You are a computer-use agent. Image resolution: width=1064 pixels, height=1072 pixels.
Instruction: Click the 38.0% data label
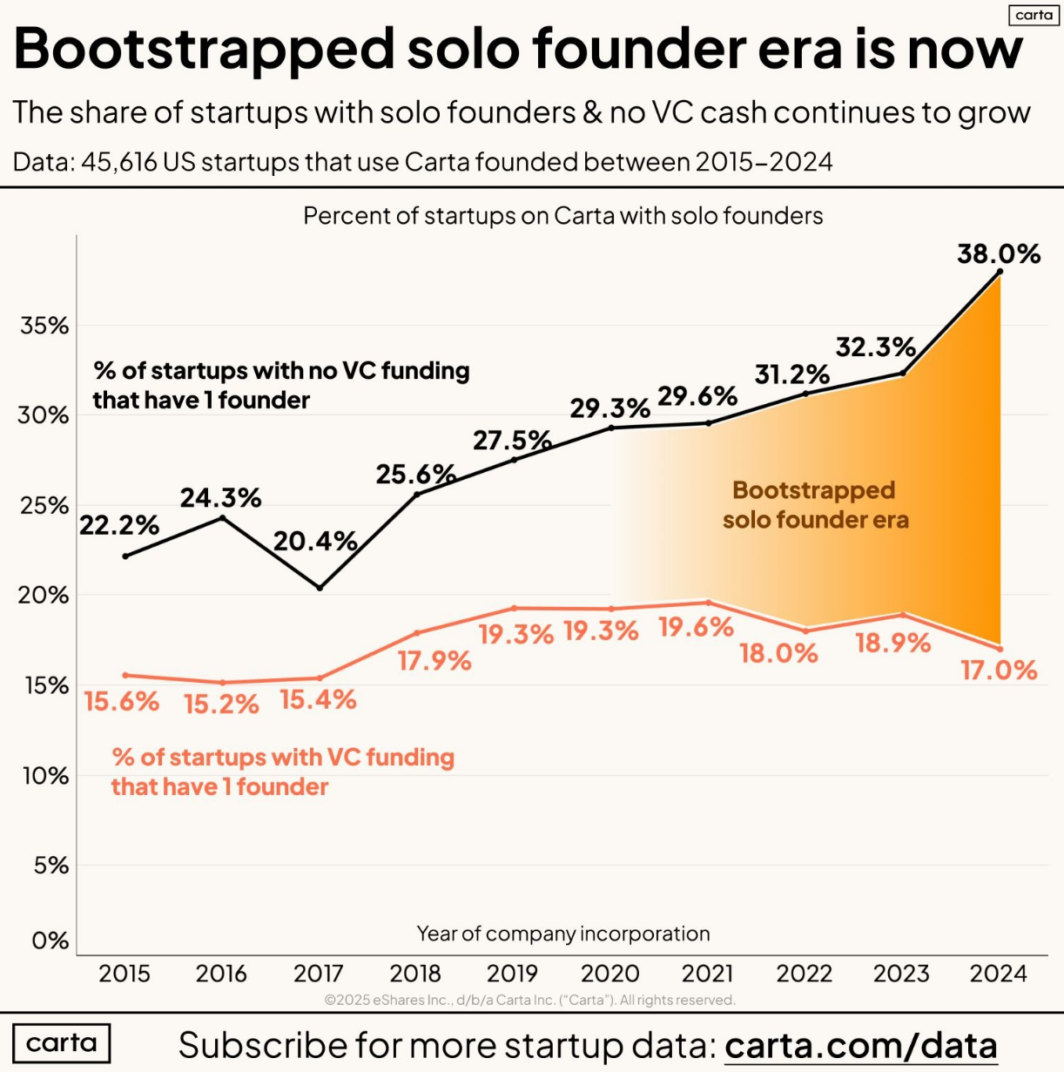[998, 253]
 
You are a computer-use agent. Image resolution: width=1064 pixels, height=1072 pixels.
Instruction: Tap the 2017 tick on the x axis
[318, 973]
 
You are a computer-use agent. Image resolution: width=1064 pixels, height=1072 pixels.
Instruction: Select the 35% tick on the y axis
[44, 326]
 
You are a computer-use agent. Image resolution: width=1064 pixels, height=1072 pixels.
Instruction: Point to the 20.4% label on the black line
[315, 542]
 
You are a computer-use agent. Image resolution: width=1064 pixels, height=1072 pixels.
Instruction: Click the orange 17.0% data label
[999, 671]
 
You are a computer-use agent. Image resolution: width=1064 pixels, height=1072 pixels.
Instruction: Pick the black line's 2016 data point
[222, 518]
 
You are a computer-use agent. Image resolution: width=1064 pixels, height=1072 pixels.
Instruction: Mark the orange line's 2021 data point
[708, 603]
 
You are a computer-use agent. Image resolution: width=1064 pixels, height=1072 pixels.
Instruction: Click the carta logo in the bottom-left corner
[62, 1043]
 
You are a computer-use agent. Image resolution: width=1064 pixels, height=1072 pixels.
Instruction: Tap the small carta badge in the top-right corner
[1034, 15]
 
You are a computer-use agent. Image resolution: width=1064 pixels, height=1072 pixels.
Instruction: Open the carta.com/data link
[860, 1045]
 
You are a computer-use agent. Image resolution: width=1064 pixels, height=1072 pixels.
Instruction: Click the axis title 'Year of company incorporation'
[562, 934]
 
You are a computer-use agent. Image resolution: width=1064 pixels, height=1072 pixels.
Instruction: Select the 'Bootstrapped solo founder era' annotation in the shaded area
[815, 505]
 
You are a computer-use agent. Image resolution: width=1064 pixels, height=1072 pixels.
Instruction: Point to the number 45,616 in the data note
[118, 162]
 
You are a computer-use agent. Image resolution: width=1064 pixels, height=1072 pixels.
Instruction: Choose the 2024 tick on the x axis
[998, 973]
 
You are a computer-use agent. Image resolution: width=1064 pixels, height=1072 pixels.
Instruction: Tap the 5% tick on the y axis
[50, 866]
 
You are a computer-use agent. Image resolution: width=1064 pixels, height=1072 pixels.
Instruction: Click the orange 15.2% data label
[221, 704]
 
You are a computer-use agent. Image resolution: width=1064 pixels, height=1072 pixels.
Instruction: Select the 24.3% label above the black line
[221, 498]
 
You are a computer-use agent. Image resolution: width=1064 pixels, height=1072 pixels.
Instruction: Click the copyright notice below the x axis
[529, 1000]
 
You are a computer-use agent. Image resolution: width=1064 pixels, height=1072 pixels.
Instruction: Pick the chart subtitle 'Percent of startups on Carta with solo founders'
[562, 216]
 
